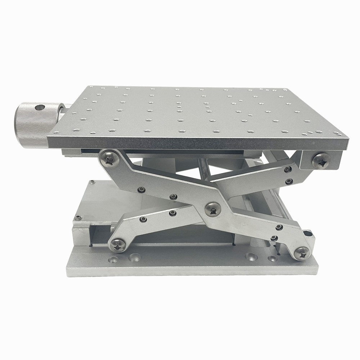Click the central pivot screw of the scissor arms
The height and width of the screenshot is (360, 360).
(x=213, y=209)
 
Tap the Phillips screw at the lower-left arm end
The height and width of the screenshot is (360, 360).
(x=118, y=245)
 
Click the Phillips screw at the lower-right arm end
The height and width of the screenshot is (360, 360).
(x=302, y=253)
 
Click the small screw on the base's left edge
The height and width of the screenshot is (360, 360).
(x=77, y=217)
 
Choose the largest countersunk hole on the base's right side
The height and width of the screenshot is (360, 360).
(x=251, y=257)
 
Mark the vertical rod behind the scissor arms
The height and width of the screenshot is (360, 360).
(x=204, y=169)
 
